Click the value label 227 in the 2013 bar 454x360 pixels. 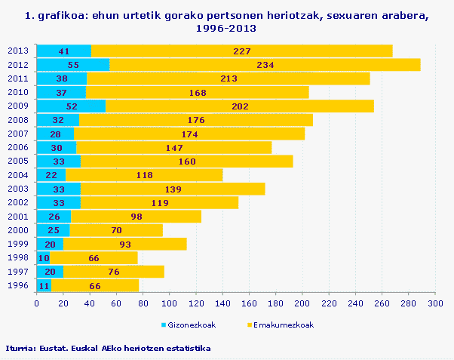point(242,51)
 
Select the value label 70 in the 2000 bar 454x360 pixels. point(116,230)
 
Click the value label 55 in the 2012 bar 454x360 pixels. point(73,65)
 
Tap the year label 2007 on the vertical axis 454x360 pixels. point(17,134)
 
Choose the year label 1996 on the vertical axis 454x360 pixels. point(17,285)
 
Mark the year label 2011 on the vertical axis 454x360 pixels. point(17,78)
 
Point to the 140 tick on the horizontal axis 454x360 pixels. point(222,303)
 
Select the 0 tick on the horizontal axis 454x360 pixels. point(37,303)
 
